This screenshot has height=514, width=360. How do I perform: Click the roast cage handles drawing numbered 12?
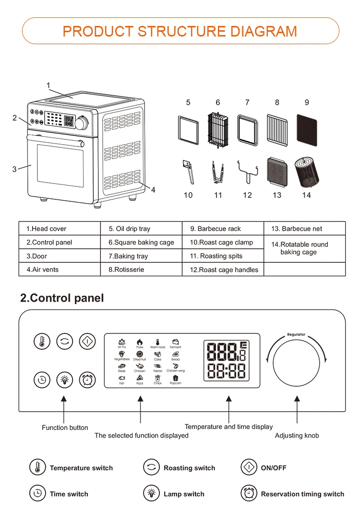[247, 171]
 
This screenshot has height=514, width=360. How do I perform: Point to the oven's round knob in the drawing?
[82, 123]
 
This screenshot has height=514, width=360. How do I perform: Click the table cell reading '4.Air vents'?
[60, 269]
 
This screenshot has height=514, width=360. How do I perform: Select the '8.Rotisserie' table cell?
[141, 269]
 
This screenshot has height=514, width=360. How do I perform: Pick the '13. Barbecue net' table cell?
[304, 229]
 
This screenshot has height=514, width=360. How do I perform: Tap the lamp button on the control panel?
[64, 380]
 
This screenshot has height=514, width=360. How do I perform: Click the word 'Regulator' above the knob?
[296, 334]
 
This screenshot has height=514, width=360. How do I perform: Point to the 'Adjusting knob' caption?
[297, 436]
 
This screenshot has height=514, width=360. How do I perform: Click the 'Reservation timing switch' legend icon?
[248, 493]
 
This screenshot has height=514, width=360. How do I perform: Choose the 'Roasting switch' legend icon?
[151, 467]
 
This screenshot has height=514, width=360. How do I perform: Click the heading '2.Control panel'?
[62, 298]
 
